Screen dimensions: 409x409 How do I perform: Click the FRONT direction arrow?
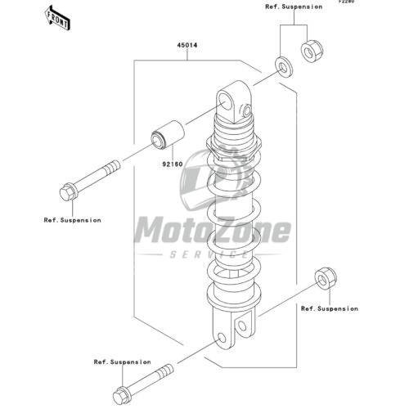58,18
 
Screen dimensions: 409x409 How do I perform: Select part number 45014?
187,45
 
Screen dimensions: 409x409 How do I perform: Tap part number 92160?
173,164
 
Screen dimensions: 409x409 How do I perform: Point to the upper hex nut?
312,51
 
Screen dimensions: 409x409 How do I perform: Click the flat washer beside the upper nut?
284,66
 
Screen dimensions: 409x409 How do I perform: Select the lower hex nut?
326,278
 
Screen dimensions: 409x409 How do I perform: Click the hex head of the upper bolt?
68,192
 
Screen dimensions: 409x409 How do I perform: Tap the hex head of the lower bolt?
121,395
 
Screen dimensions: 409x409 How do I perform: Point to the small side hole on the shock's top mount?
247,110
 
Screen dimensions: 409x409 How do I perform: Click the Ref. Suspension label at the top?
294,7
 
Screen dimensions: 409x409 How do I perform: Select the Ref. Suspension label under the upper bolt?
72,220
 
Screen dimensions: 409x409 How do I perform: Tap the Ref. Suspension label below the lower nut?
330,308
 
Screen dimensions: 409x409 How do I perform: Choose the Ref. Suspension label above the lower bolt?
122,362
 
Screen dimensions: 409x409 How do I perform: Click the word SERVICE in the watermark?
209,254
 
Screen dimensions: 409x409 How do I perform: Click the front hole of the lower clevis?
222,338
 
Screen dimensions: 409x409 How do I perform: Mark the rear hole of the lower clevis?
242,326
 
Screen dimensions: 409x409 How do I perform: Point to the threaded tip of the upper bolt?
112,168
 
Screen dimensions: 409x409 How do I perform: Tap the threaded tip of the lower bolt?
165,371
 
